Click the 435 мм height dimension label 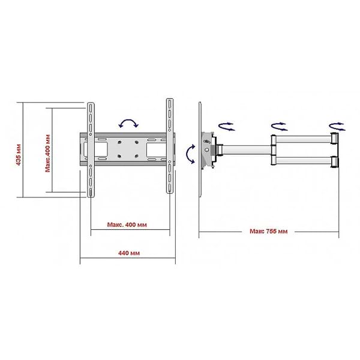[19, 155]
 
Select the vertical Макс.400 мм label [47, 153]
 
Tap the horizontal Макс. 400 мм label [127, 224]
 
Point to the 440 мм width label [129, 253]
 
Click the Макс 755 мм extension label [269, 231]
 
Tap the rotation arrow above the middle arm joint [279, 127]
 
